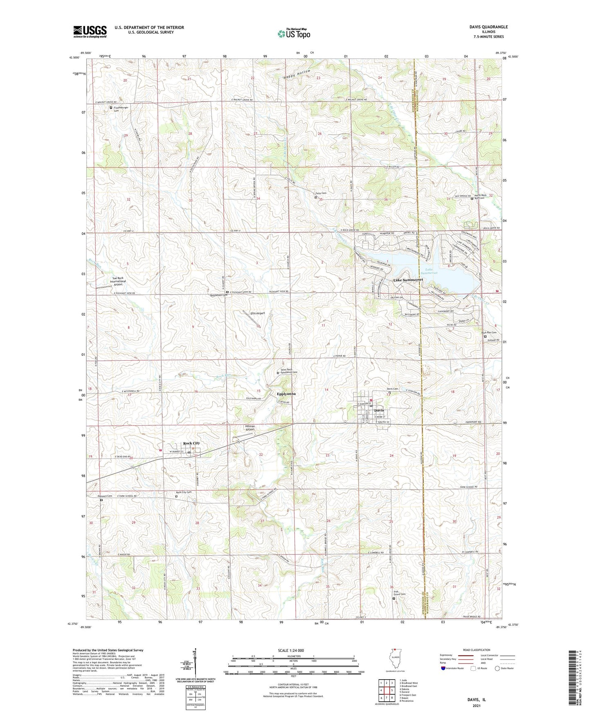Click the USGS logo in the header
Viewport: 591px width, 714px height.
[90, 31]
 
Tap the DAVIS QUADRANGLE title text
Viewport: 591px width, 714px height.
[488, 27]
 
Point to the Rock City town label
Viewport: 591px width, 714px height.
[191, 443]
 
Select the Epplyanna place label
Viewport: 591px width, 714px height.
[286, 394]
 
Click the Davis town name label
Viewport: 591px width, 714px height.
[379, 410]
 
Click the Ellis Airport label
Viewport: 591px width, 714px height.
[258, 313]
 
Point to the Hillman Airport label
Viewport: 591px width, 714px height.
[250, 428]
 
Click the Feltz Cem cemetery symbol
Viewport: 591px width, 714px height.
[315, 197]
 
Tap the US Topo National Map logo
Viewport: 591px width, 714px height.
[294, 33]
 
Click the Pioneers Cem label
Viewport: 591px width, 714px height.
[105, 496]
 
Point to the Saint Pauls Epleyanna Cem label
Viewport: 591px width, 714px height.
[289, 371]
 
